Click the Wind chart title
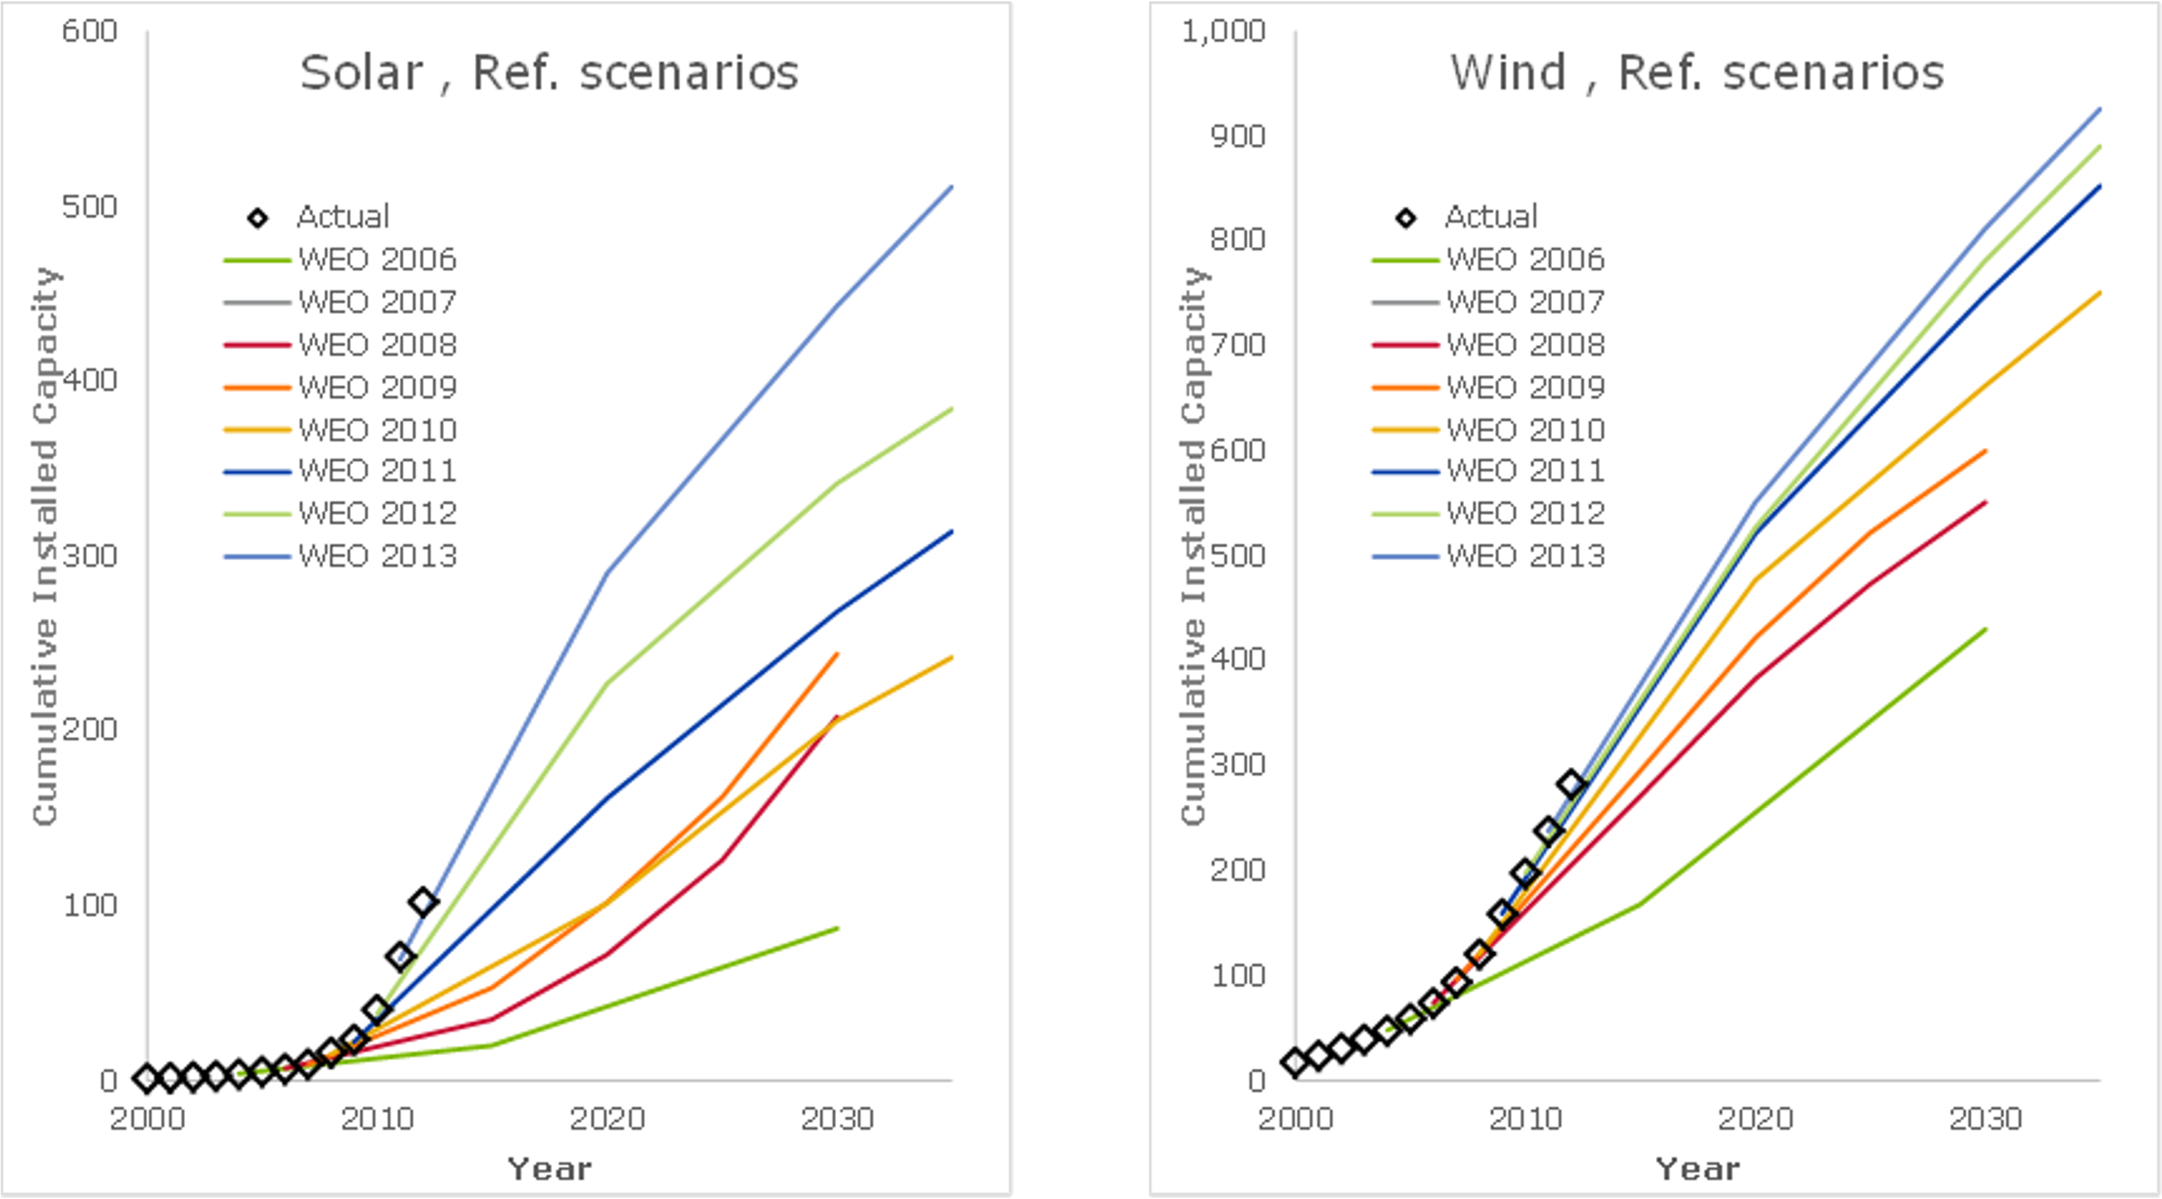(x=1696, y=73)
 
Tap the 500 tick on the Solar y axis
(x=89, y=206)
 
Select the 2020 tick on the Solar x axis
(x=607, y=1119)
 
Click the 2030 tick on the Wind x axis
(x=1985, y=1119)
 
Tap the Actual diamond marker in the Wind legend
(x=1406, y=218)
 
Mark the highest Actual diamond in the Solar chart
(x=423, y=902)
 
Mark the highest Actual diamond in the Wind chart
(x=1571, y=784)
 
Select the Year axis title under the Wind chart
(x=1697, y=1169)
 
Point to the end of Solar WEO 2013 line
(x=952, y=186)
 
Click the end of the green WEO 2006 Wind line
(x=1985, y=629)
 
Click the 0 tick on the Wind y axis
(x=1256, y=1081)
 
